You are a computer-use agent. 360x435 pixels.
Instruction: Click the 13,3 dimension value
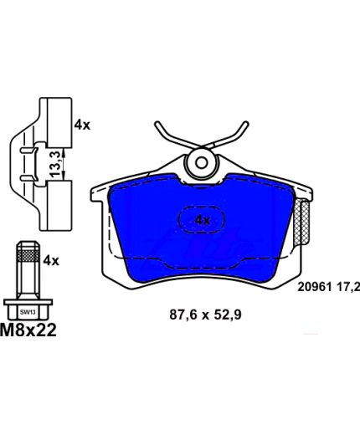pos(55,164)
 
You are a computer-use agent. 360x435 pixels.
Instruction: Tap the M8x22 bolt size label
pos(28,330)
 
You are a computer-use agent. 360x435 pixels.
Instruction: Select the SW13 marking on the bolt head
pos(28,312)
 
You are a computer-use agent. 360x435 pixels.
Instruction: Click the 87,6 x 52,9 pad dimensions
pos(205,315)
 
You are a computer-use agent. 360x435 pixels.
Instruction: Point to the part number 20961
pos(314,287)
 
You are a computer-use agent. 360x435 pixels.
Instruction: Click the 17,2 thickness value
pos(347,287)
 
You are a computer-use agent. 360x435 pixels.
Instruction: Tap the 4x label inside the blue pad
pos(203,220)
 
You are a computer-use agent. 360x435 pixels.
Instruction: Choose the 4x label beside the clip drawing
pos(82,125)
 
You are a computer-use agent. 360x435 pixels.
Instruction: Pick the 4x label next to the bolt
pos(51,261)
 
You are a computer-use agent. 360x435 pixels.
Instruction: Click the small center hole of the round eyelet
pos(201,163)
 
